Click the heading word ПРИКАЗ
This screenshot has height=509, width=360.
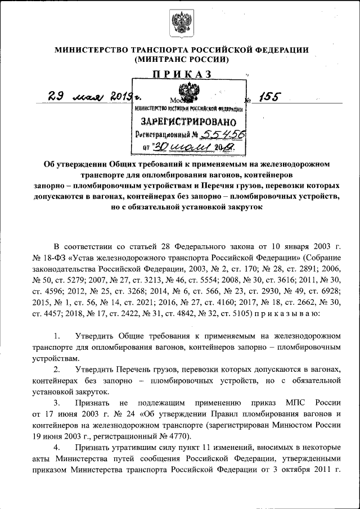tap(180, 74)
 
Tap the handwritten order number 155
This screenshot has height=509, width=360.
tap(263, 97)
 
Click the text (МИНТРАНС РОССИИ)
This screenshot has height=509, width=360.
tap(180, 58)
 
